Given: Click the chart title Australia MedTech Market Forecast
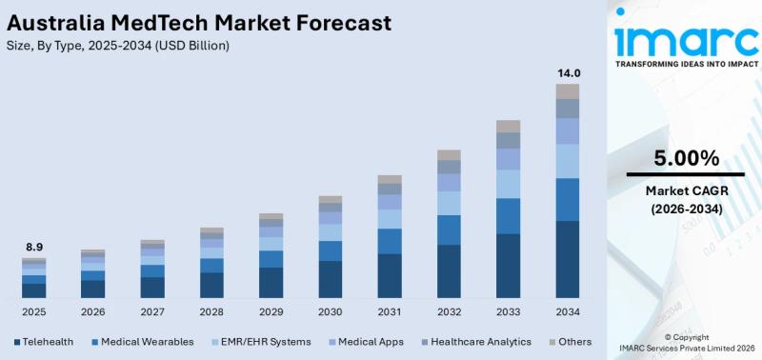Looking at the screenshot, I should [196, 21].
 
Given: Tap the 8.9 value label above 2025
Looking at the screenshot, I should [34, 247].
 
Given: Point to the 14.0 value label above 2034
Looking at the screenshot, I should [568, 72].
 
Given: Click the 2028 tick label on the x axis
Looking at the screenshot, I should [211, 311].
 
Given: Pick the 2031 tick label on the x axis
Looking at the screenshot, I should [390, 311].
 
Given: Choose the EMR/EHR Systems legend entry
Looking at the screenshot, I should [262, 341].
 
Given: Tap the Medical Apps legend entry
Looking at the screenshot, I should [366, 341].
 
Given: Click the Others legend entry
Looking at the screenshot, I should [570, 341].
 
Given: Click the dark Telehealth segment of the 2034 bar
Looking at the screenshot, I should [568, 259].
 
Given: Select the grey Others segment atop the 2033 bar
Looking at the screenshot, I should [509, 126].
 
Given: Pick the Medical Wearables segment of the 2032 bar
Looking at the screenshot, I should [449, 230].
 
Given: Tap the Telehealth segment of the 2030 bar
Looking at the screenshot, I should [331, 279].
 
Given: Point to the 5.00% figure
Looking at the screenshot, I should [686, 157].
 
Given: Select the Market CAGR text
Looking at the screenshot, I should [686, 190].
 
